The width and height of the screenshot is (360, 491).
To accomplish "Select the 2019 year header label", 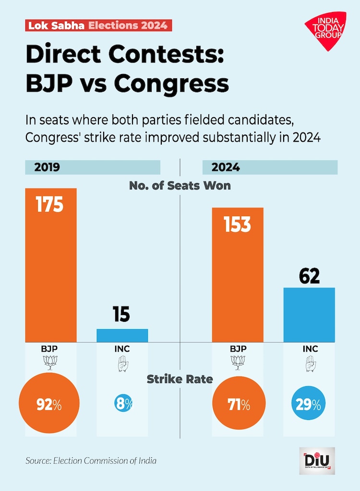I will pyautogui.click(x=47, y=168).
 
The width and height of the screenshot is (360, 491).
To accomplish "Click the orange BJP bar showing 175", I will pyautogui.click(x=51, y=264).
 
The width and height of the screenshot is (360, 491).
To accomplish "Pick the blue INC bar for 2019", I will pyautogui.click(x=122, y=335).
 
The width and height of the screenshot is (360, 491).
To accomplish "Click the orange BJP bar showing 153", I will pyautogui.click(x=238, y=274).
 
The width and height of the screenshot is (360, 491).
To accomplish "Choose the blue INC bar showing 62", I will pyautogui.click(x=309, y=315).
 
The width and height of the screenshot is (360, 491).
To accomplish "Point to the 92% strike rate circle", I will pyautogui.click(x=49, y=405).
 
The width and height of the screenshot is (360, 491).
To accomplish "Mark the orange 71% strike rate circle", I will pyautogui.click(x=238, y=405).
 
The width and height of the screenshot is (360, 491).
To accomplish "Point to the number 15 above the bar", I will pyautogui.click(x=122, y=314).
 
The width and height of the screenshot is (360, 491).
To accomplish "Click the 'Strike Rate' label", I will pyautogui.click(x=180, y=379).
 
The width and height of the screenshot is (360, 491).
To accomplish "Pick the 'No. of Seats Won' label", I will pyautogui.click(x=180, y=185).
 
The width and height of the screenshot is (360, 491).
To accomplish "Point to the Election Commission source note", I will pyautogui.click(x=91, y=461).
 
